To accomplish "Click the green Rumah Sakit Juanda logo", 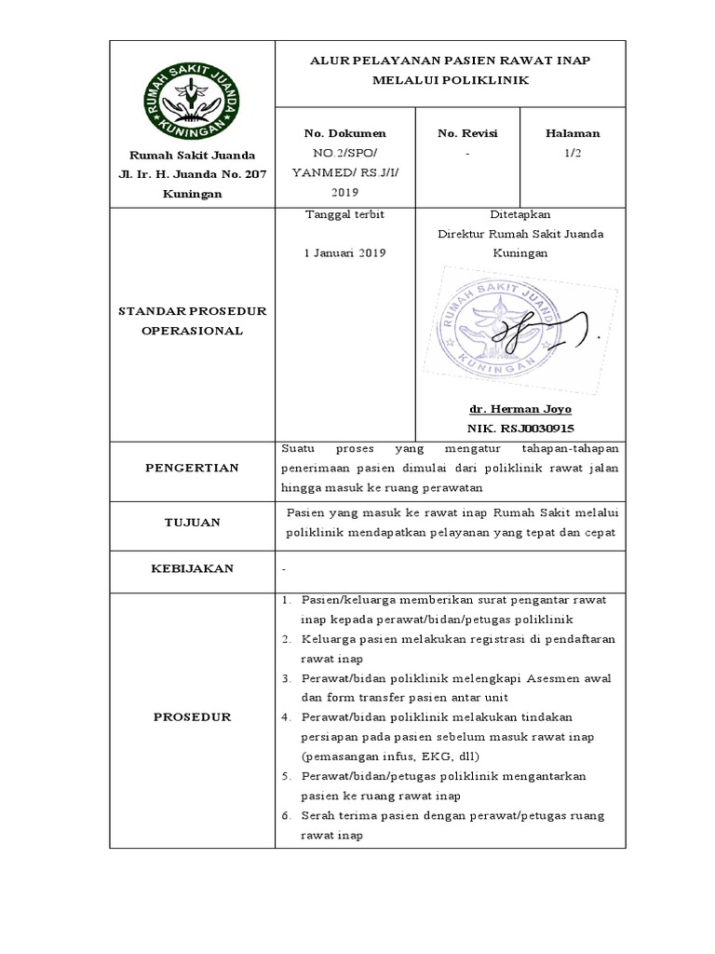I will click(194, 94).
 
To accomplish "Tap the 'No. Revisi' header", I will click(467, 133).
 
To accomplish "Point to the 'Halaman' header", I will click(573, 133).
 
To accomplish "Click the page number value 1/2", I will click(573, 151).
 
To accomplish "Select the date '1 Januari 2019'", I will click(331, 252).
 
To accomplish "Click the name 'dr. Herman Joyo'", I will click(519, 409).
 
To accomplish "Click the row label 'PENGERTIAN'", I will click(192, 468).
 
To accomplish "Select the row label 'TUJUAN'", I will click(192, 523).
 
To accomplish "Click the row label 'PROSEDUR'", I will click(192, 717).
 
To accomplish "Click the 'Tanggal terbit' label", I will click(331, 214).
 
